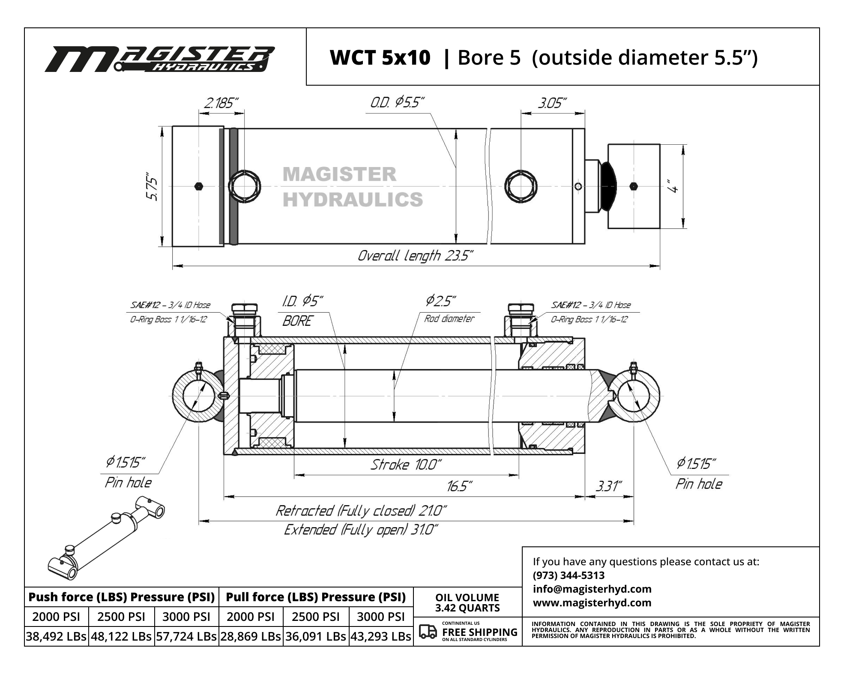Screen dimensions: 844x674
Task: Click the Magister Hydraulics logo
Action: tap(159, 59)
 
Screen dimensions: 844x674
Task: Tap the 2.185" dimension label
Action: tap(221, 103)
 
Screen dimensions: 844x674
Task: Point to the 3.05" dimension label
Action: tap(552, 103)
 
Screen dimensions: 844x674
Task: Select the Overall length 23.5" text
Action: tap(416, 256)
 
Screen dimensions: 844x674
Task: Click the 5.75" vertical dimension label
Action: tap(152, 187)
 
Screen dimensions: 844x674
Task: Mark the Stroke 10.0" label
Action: tap(406, 465)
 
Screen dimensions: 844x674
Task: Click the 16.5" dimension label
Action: tap(459, 486)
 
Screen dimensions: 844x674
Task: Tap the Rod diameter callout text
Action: tap(449, 319)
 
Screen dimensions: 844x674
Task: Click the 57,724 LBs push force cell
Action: tap(186, 636)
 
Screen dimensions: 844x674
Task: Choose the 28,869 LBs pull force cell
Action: tap(251, 636)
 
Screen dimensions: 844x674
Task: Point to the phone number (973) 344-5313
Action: tap(569, 575)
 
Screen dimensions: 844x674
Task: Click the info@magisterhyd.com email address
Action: tap(592, 589)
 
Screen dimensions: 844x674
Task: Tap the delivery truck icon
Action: tap(428, 632)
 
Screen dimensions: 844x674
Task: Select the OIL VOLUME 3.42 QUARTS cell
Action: tap(467, 602)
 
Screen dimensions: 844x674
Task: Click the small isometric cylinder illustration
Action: tap(106, 538)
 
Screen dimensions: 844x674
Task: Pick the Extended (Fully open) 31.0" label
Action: tap(361, 530)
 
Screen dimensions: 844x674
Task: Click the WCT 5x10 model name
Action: tap(380, 57)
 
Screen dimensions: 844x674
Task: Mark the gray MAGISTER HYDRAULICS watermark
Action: tap(353, 187)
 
